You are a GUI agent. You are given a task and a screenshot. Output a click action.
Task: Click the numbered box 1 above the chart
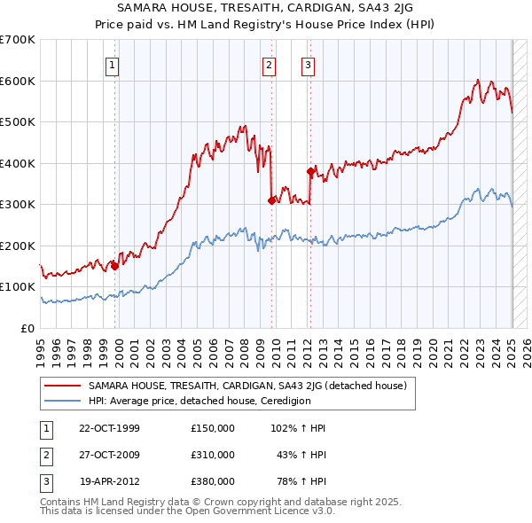[x=113, y=64]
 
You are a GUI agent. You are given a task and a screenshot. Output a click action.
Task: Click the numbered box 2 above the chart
[x=269, y=64]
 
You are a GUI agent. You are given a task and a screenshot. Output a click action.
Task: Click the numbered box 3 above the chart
[x=307, y=64]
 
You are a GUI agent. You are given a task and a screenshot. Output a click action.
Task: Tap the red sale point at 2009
[x=271, y=200]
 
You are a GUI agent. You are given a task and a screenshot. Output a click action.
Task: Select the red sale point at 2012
[x=310, y=171]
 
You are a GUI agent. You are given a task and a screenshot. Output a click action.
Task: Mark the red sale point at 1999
[x=115, y=265]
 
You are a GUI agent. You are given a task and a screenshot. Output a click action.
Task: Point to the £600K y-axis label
[x=18, y=81]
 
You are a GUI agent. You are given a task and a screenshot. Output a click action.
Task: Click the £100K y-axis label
[x=18, y=287]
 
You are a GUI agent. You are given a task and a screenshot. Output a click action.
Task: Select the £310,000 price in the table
[x=213, y=455]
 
